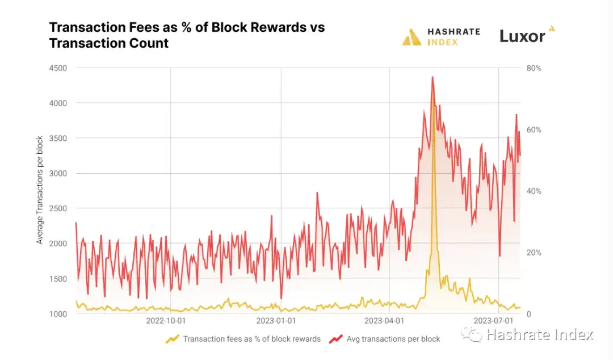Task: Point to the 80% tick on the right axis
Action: [x=534, y=68]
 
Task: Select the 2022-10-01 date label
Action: [x=165, y=320]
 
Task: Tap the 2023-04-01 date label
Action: [x=384, y=320]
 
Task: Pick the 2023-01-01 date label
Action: [x=275, y=320]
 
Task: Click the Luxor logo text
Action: [x=522, y=36]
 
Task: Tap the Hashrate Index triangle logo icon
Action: [x=412, y=37]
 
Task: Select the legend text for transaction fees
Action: [x=251, y=339]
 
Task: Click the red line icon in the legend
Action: [x=337, y=339]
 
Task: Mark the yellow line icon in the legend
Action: [x=172, y=339]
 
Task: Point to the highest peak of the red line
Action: [x=433, y=77]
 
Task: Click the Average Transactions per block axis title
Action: [x=40, y=190]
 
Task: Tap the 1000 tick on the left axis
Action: [x=58, y=313]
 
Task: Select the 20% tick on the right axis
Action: [x=534, y=252]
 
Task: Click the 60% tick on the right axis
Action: [x=534, y=129]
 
